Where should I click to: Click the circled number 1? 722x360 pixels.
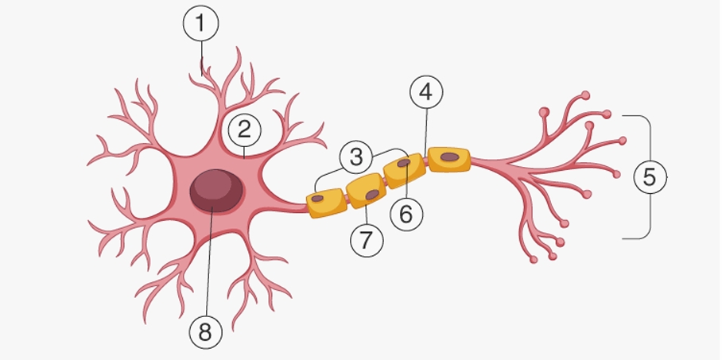pos(200,25)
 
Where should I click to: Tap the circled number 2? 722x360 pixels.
pos(244,128)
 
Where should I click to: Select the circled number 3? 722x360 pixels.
pos(355,157)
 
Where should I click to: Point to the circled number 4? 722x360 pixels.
pos(426,93)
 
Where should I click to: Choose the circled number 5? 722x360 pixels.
pos(650,177)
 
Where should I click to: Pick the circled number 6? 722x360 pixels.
pos(406,213)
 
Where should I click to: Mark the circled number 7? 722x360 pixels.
pos(366,240)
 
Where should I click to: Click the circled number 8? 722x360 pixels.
pos(205,332)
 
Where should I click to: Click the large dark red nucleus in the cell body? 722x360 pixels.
pos(216,192)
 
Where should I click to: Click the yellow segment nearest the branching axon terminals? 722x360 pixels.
pos(448,159)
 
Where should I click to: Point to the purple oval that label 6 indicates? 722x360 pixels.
pos(404,163)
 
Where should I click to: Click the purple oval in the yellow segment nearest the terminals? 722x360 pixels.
pos(449,157)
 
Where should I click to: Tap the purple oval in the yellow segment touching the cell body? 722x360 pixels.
pos(318,198)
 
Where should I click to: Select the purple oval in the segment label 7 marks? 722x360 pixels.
pos(371,195)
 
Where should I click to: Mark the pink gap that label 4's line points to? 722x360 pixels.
pos(425,161)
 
